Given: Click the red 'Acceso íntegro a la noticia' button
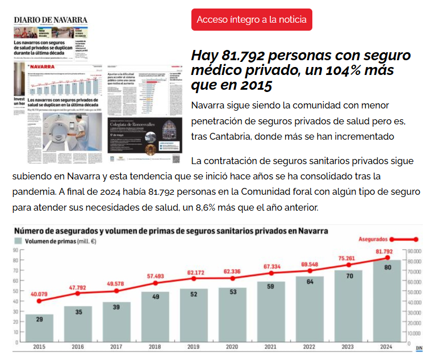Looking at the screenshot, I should pos(252,19).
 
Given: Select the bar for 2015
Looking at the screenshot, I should pos(39,328).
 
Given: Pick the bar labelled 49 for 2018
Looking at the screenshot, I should pos(155,316).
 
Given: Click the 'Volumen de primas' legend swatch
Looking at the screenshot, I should pos(19,241).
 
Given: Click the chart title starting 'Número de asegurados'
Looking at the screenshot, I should pos(170,231).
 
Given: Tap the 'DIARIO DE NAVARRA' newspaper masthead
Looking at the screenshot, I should pos(51,20).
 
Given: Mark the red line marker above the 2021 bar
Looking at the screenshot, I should pos(271,273).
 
